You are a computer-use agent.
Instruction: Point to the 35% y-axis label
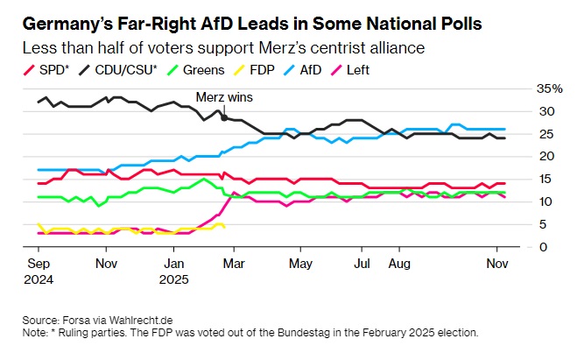[x=551, y=89]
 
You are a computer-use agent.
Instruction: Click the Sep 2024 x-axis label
[x=38, y=269]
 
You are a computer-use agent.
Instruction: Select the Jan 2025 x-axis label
[x=174, y=269]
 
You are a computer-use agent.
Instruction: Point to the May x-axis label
[x=300, y=262]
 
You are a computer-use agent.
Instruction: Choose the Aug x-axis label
[x=399, y=262]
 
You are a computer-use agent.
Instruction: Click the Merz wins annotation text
[x=224, y=97]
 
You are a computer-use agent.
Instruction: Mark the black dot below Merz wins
[x=225, y=116]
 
